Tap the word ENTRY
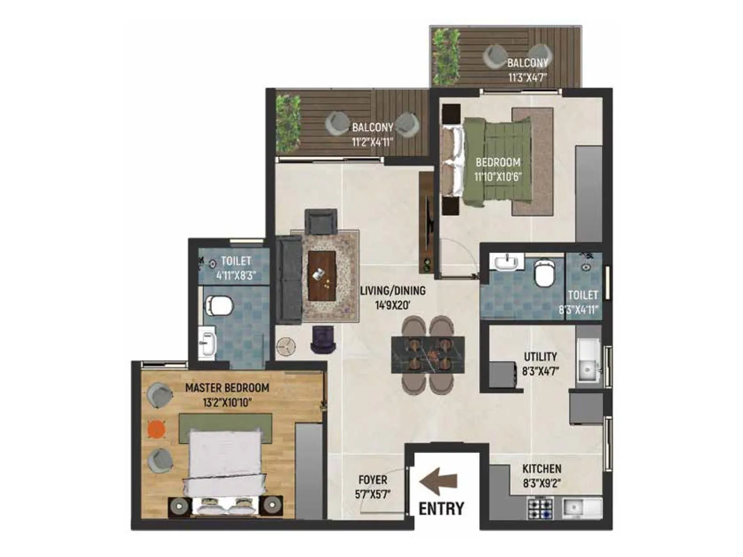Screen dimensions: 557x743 [441, 509]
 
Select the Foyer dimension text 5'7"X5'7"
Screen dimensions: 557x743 [372, 494]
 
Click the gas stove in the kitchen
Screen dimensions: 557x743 [540, 507]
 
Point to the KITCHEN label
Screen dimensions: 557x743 [541, 469]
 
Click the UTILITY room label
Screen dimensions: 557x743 [540, 356]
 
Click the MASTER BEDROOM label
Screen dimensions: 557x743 [227, 388]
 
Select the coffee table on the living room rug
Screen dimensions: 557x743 [322, 276]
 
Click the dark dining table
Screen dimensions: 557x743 [428, 355]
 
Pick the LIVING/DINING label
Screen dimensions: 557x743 [393, 291]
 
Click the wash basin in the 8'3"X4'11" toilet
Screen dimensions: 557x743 [506, 263]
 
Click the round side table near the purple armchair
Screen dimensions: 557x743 [286, 347]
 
